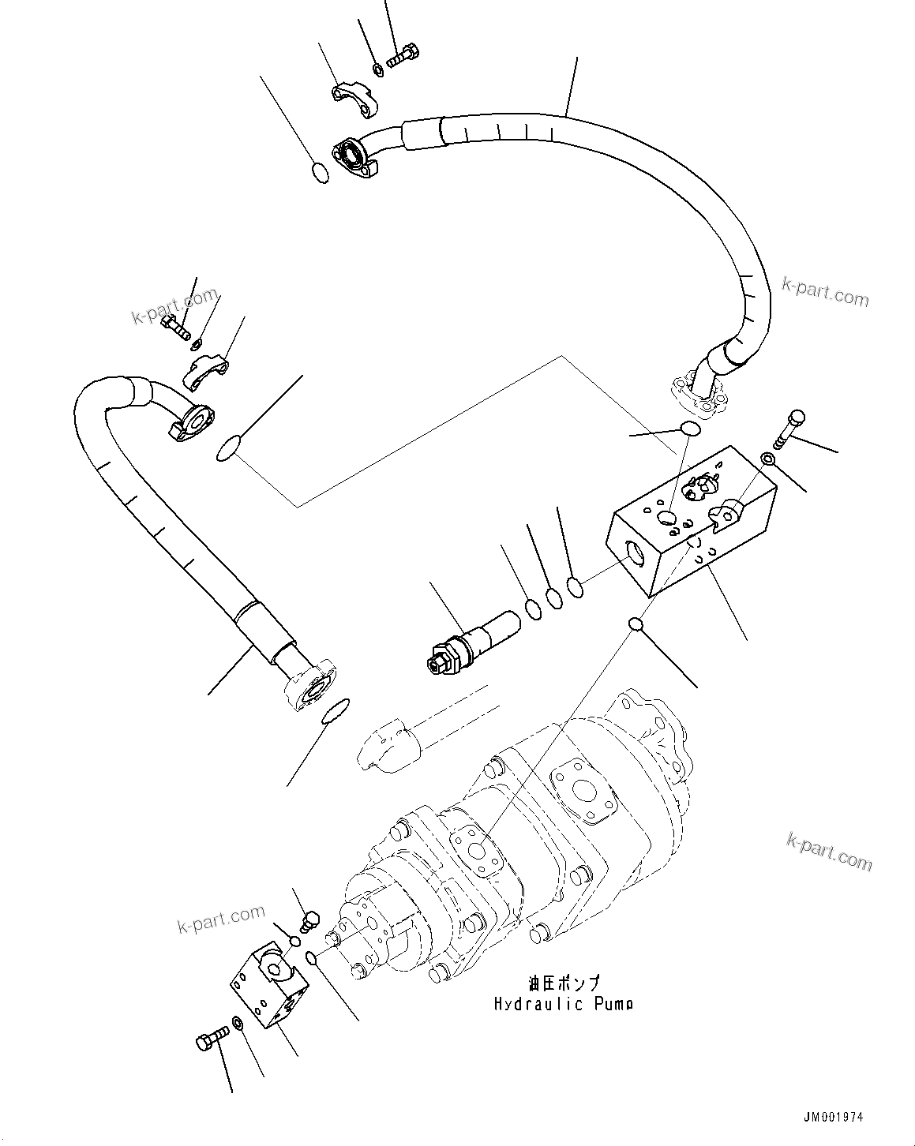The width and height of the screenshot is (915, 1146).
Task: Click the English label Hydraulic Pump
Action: click(x=563, y=1004)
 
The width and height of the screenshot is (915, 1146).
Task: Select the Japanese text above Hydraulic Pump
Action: click(x=564, y=983)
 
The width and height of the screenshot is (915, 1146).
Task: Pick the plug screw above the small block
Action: click(x=310, y=919)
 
